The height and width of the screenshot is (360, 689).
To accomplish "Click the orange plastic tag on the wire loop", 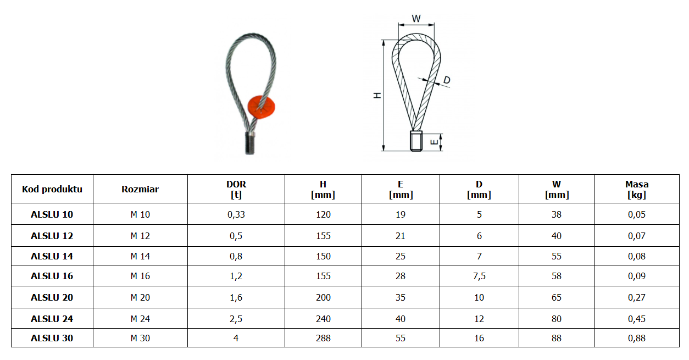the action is (x=261, y=107).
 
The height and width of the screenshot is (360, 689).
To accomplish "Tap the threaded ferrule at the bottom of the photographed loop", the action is (x=250, y=143).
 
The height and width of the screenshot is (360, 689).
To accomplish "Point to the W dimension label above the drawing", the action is (x=416, y=19).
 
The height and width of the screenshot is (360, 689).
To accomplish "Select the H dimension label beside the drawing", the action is (x=377, y=96).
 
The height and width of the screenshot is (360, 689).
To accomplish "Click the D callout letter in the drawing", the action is (x=447, y=80).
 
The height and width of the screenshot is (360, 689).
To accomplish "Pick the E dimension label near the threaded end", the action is (x=434, y=142).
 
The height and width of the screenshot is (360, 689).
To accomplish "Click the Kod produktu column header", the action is (x=52, y=189).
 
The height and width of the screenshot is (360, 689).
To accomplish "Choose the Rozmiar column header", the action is (x=140, y=189).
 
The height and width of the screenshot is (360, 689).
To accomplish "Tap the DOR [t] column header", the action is (x=236, y=189).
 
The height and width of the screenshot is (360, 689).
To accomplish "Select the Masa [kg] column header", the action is (x=637, y=189).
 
